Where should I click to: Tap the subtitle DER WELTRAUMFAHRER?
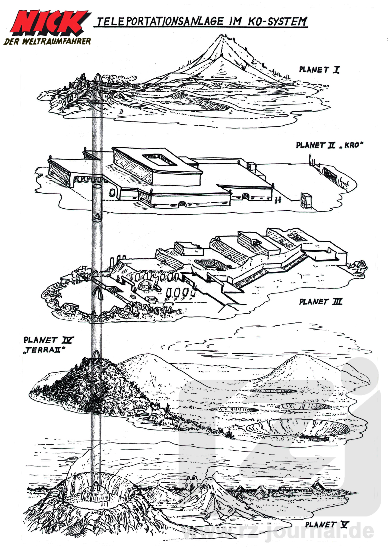pos(47,42)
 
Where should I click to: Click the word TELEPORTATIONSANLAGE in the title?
pos(160,22)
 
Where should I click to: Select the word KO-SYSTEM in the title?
pos(277,22)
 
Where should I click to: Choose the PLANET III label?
pos(320,302)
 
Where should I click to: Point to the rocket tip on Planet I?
pos(97,77)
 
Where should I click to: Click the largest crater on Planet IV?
pos(297,428)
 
